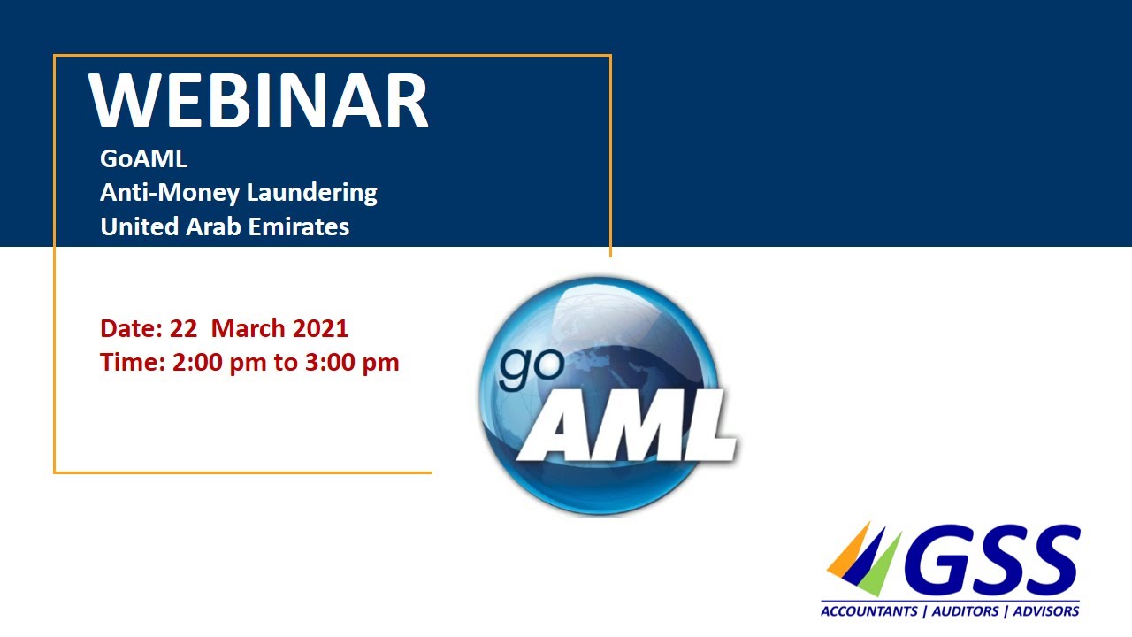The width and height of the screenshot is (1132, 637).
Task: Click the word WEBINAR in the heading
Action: pos(258,102)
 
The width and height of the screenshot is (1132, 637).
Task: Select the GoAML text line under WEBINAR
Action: pos(143,160)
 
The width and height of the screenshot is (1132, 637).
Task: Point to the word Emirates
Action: pos(299,226)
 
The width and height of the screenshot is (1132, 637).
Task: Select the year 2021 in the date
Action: pos(319,328)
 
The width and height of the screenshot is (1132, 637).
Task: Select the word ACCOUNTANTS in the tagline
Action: pos(866,611)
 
